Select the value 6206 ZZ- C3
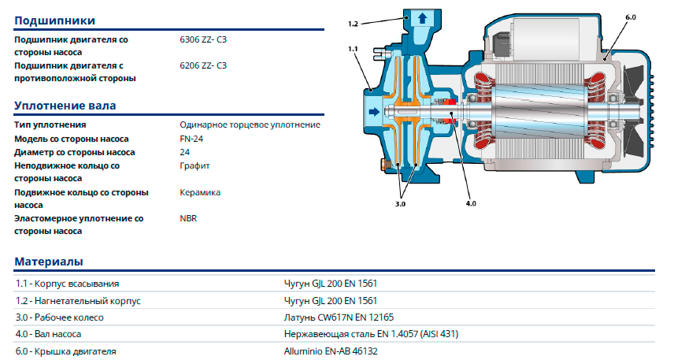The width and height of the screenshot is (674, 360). point(203,65)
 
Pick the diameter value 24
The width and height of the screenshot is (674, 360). point(185,152)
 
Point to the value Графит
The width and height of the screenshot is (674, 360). point(194,165)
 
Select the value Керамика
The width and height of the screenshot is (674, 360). point(200,192)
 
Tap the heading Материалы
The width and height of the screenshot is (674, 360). point(49,262)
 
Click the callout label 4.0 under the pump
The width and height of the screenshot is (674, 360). point(471,205)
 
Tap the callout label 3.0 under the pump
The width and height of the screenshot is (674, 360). point(401,205)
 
